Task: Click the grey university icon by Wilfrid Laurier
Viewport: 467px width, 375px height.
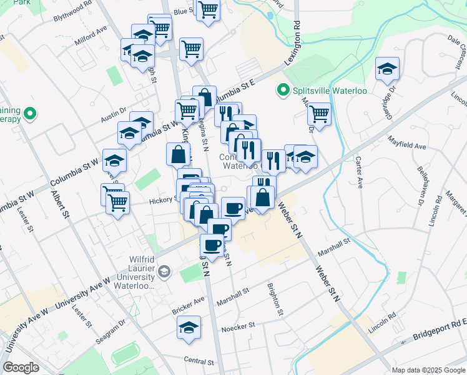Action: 164,271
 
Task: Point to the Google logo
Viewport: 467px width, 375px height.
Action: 21,367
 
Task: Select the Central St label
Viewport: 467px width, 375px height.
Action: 199,361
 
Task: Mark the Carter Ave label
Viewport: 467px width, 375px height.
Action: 359,174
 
